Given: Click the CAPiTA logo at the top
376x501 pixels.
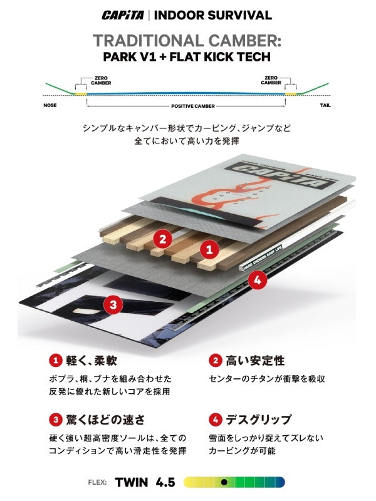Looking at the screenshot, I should coord(125,16).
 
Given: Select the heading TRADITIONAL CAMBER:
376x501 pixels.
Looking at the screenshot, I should coord(187,40).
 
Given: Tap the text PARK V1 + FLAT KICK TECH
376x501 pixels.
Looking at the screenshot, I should coord(187,58).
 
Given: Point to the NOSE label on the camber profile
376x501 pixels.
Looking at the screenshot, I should coord(50,105).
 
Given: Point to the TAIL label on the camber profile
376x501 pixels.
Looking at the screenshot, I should coord(325,105).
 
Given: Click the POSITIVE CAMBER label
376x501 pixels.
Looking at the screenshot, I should coord(187,106).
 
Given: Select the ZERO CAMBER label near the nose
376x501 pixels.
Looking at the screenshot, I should coord(86,80).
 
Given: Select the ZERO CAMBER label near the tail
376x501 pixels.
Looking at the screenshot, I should coord(271,80).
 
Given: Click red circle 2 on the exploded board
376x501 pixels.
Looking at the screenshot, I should coord(163,238).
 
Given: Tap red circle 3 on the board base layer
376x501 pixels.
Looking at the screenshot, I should coord(112,305).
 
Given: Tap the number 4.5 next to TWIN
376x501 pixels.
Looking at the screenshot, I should coord(166,482).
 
